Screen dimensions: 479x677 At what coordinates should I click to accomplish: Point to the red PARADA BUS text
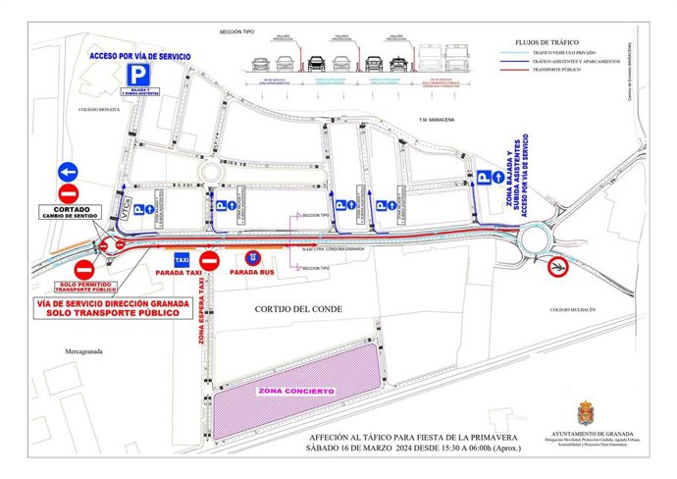click(252, 272)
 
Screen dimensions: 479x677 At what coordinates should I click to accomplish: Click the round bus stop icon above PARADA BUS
click(252, 257)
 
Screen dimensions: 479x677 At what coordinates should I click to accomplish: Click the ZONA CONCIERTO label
click(295, 392)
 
